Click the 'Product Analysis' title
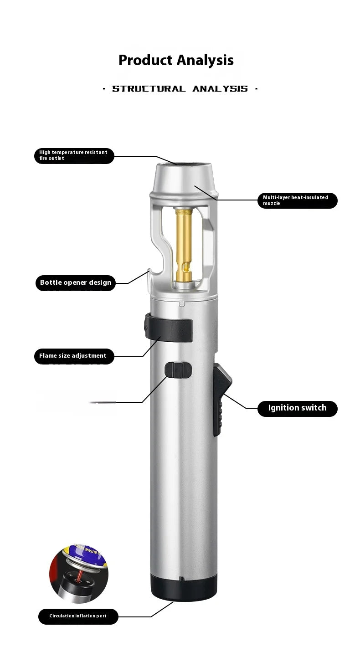[176, 60]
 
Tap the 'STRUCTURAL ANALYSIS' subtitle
[180, 89]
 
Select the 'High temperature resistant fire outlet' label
[74, 155]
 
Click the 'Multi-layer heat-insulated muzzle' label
[297, 200]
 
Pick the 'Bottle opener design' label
[75, 282]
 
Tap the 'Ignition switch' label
[297, 408]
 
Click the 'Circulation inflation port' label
[78, 616]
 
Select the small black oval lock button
[178, 370]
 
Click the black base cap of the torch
[184, 588]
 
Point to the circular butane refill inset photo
[79, 573]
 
